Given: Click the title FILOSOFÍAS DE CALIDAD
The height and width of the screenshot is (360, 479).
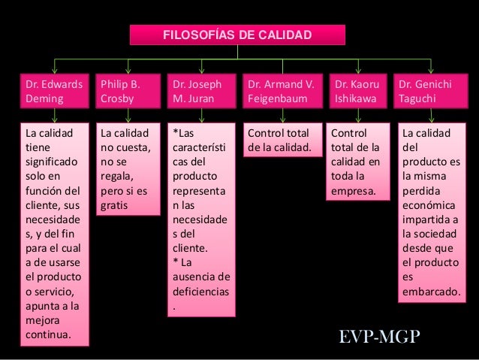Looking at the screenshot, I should (x=237, y=35).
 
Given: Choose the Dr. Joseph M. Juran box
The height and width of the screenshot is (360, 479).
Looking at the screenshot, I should (x=201, y=92).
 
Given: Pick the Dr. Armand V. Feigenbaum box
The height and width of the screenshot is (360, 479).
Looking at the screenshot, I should (x=282, y=92).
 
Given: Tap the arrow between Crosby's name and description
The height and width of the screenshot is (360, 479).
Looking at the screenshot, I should (x=128, y=116).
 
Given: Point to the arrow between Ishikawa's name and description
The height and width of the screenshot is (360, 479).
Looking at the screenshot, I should (x=357, y=116).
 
